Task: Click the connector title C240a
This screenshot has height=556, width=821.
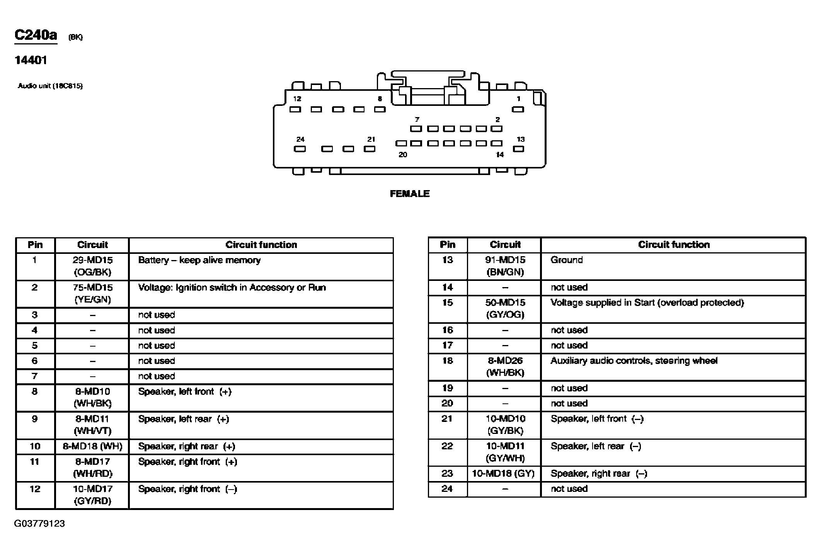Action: coord(36,35)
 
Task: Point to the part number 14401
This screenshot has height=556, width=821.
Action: coord(31,60)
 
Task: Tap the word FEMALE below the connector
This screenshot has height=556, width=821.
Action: coord(410,194)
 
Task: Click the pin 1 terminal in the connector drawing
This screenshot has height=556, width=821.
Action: coord(518,109)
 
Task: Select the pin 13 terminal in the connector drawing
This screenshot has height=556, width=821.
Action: coord(518,149)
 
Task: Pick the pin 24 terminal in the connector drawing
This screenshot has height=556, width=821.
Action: coord(300,149)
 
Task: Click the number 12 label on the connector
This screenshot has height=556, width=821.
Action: coord(297,99)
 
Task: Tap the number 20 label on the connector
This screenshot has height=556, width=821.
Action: coord(403,155)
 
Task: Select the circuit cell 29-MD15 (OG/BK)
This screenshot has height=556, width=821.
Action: coord(92,266)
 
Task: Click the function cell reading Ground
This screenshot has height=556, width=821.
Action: coord(566,260)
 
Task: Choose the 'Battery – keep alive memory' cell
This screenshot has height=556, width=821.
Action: coord(199,260)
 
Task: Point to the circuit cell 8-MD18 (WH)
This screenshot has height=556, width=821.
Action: coord(92,447)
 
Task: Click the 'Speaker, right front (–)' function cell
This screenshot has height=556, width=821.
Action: coord(187,489)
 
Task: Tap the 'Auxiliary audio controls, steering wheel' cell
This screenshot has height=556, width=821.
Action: coord(634,361)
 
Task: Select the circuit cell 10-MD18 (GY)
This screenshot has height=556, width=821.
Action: coord(503,474)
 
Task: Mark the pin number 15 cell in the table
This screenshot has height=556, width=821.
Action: coord(447,303)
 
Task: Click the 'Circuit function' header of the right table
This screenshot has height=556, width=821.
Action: coord(674,245)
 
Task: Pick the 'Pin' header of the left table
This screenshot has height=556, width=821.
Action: coord(35,245)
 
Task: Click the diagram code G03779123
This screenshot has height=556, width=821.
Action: coord(39,524)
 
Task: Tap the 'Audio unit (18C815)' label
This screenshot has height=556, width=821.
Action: coord(50,86)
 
